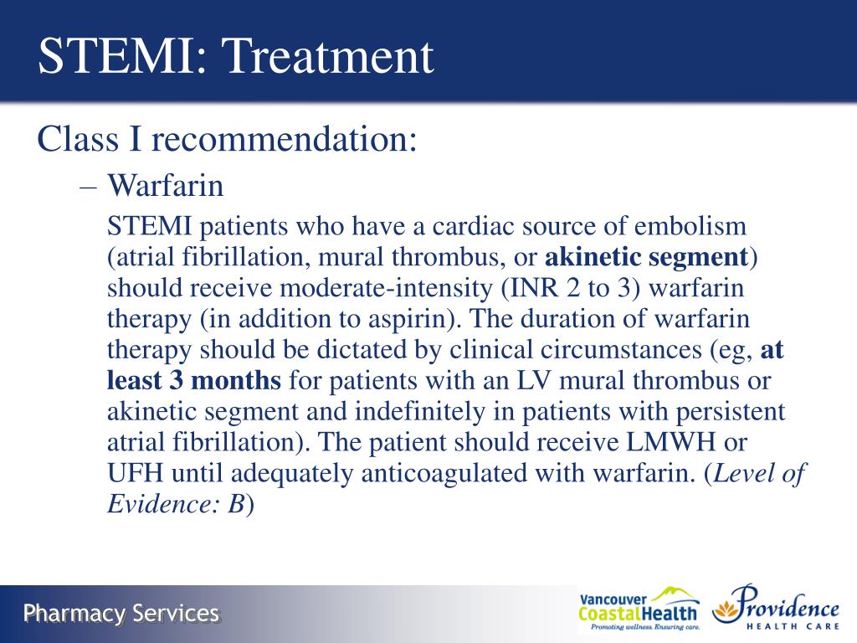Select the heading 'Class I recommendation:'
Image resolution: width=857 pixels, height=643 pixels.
[x=227, y=139]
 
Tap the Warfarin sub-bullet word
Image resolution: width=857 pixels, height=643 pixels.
[x=166, y=185]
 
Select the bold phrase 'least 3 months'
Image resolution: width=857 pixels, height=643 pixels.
[x=194, y=381]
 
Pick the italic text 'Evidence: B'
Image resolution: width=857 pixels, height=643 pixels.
[x=176, y=505]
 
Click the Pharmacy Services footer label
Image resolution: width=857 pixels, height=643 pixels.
[x=121, y=614]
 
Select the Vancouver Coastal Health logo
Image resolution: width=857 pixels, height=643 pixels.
[x=638, y=610]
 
